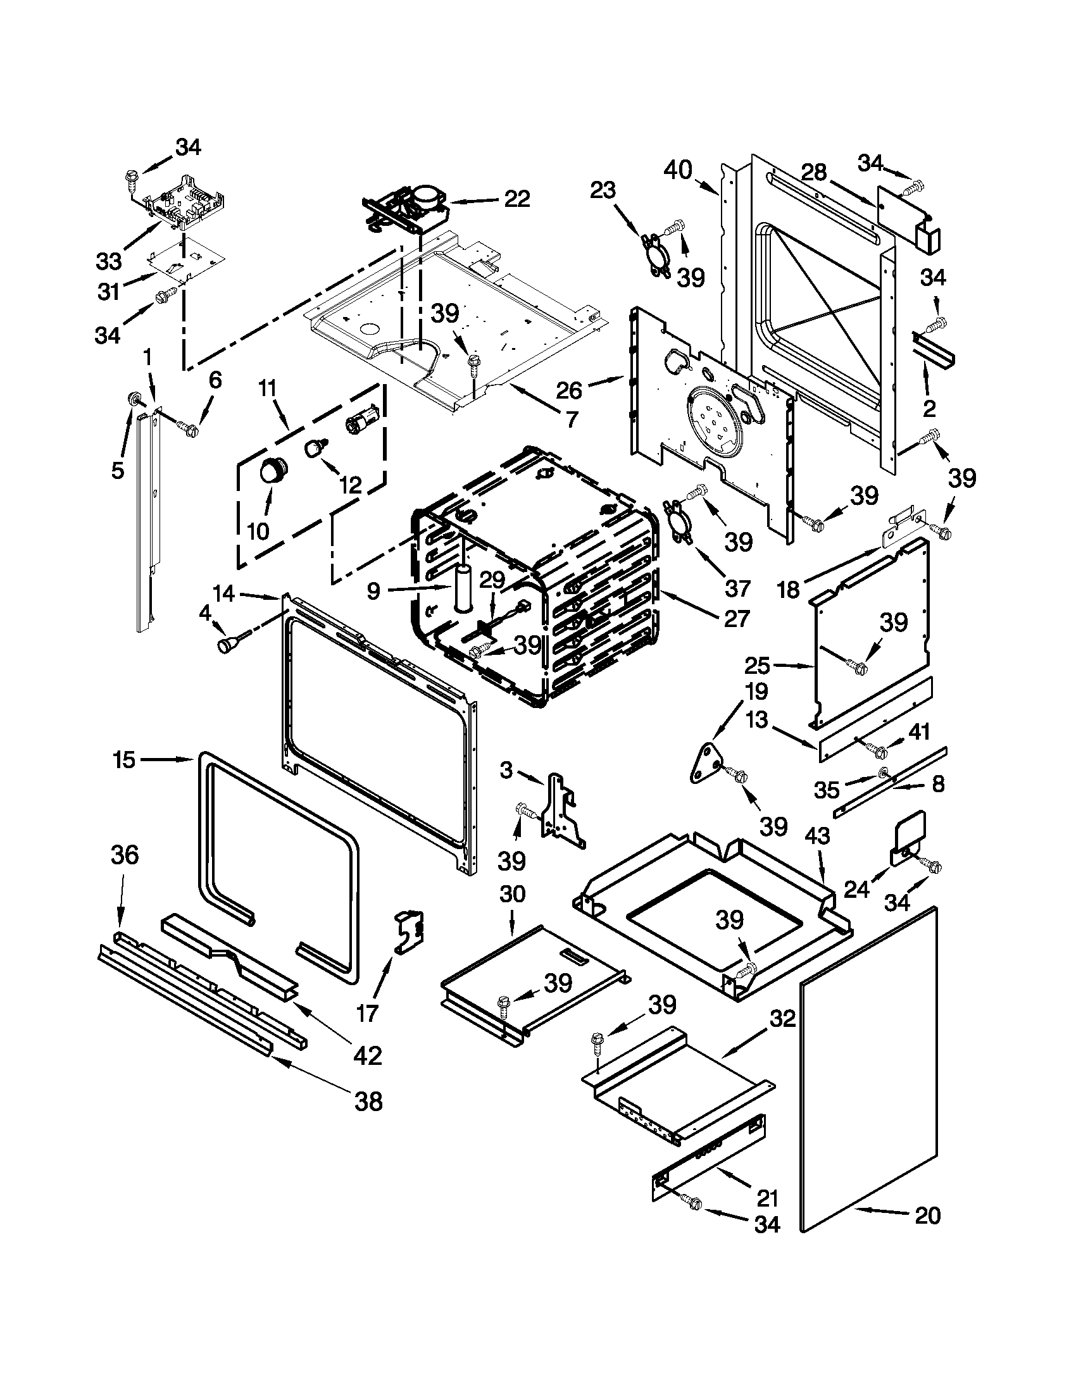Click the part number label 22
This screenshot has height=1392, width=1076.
[516, 199]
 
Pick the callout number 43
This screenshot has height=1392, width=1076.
[817, 836]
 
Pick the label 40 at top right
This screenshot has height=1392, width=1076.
[677, 170]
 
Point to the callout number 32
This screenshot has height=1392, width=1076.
[782, 1019]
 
